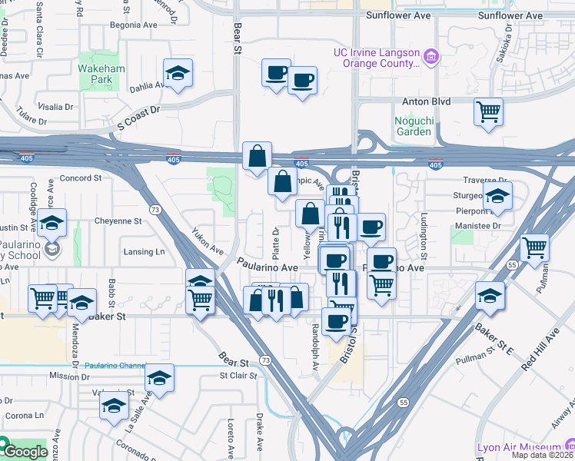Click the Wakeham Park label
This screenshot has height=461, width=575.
pos(101,74)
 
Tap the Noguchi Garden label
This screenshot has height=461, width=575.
pos(413,126)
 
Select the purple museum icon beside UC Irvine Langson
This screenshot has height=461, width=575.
pos(431,56)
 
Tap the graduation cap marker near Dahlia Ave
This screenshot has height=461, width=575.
pos(178,74)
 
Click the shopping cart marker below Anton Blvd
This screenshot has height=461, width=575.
pos(488,112)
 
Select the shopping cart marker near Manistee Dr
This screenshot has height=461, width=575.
pos(534,248)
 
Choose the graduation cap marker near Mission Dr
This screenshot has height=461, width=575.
pos(159,378)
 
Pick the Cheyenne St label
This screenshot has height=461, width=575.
pos(118,221)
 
